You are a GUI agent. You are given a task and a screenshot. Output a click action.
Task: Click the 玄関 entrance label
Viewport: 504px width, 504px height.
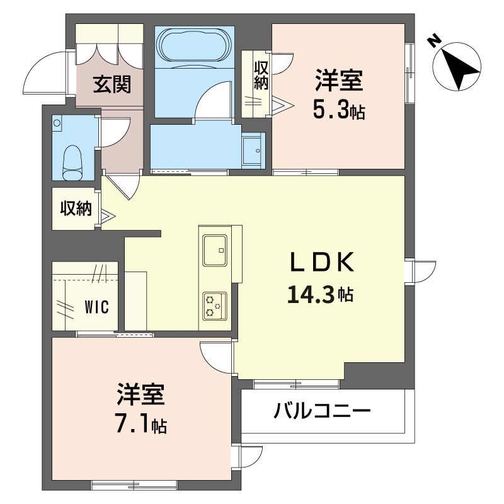tap(113, 84)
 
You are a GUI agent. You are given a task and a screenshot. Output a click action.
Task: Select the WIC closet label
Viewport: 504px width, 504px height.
tap(96, 307)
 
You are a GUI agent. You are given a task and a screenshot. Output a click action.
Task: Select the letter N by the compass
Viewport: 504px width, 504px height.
tap(433, 40)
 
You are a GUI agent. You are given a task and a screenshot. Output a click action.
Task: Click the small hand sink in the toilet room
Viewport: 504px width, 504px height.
tap(58, 123)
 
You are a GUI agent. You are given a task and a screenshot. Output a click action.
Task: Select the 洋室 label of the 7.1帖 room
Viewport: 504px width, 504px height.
tap(140, 396)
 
